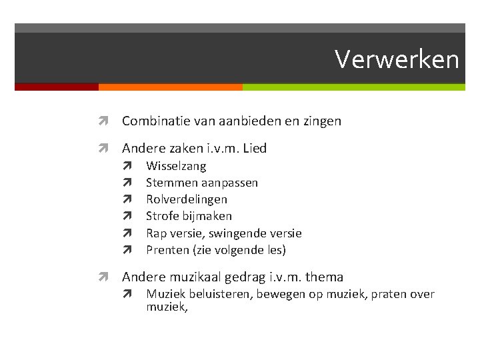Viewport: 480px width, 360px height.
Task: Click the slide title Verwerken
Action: click(x=397, y=59)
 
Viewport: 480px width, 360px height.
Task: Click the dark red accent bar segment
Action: click(x=56, y=87)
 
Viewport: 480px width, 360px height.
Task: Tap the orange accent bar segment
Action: click(x=170, y=87)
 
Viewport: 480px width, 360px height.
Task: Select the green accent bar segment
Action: click(x=353, y=87)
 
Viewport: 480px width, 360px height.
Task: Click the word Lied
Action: click(x=255, y=149)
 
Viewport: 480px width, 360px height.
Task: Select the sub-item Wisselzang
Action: click(x=176, y=166)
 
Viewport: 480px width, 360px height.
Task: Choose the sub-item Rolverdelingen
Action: click(x=187, y=199)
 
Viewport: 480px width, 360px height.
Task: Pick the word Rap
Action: click(x=157, y=233)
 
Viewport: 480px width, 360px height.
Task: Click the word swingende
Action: click(x=237, y=233)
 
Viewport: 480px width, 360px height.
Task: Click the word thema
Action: click(x=324, y=277)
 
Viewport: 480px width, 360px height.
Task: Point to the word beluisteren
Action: click(x=220, y=294)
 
